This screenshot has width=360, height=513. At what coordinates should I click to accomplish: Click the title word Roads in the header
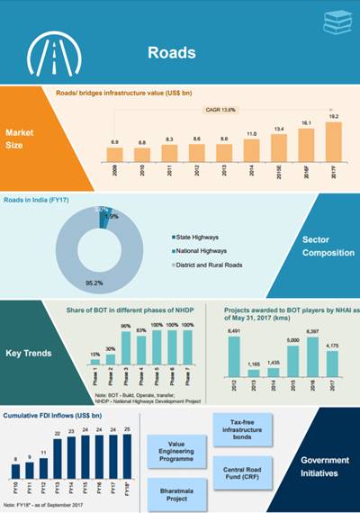coord(171,53)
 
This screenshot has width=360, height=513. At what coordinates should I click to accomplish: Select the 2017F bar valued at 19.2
coord(333,139)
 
